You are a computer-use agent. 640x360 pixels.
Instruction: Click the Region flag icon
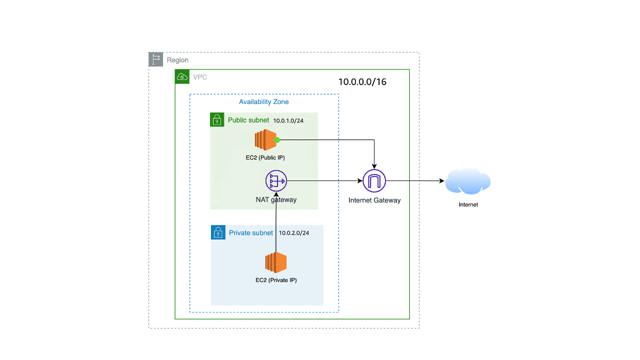click(x=156, y=59)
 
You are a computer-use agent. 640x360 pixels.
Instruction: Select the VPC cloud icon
click(x=182, y=76)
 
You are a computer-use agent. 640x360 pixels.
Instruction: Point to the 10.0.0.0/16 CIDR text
click(x=362, y=82)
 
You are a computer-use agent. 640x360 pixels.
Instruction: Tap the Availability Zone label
click(x=263, y=102)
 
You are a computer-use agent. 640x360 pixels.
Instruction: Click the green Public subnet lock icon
click(x=217, y=119)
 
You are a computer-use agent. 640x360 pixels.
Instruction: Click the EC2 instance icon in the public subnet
click(x=265, y=140)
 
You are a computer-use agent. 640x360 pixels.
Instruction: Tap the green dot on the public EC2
click(x=277, y=140)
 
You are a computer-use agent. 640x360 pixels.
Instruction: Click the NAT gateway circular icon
click(x=276, y=181)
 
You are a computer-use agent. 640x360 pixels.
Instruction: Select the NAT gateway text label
click(x=276, y=199)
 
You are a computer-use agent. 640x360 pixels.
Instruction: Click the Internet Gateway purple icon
click(x=374, y=181)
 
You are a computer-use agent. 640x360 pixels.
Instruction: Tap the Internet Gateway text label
click(x=374, y=200)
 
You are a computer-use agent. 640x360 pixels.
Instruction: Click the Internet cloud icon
click(x=467, y=181)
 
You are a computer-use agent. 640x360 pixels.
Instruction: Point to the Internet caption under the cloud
click(x=468, y=204)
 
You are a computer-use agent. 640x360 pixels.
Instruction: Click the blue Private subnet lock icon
click(x=218, y=232)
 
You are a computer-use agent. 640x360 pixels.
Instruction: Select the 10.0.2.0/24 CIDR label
click(x=294, y=233)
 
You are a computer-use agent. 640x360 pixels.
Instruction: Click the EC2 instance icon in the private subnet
click(x=276, y=263)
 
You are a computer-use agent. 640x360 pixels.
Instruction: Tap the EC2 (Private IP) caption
click(x=276, y=280)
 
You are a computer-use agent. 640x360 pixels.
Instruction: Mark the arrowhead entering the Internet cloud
click(x=442, y=181)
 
